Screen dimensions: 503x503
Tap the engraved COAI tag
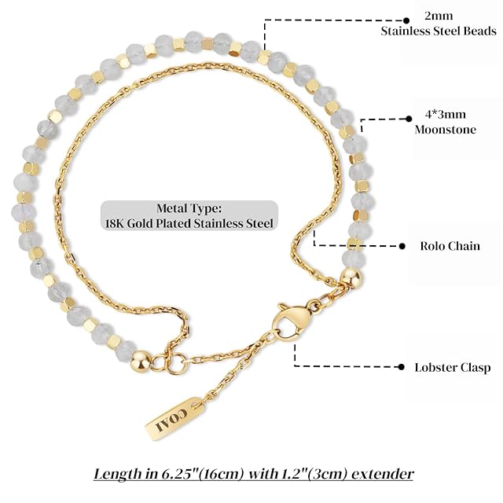click(174, 418)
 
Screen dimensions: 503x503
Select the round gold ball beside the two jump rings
click(141, 361)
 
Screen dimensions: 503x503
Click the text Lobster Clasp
click(453, 367)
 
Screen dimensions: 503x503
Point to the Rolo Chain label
click(450, 246)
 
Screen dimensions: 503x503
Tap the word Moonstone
click(446, 130)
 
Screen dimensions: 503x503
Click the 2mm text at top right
click(439, 16)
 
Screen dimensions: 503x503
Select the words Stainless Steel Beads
click(439, 31)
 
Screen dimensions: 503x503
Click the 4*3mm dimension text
click(446, 114)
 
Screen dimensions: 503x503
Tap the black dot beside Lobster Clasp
click(401, 367)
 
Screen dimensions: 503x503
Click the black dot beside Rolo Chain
click(402, 246)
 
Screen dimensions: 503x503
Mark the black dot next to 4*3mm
click(409, 119)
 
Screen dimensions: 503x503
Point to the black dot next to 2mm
click(406, 20)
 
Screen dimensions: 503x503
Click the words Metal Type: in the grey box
click(189, 208)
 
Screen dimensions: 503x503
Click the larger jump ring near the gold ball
click(176, 364)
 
